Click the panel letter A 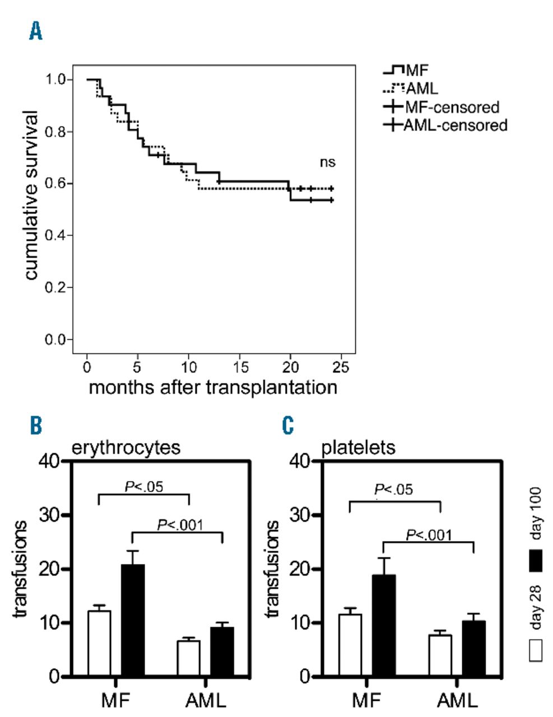35,32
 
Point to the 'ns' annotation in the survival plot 327,162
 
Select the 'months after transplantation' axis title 213,388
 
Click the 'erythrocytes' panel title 126,448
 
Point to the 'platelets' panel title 359,448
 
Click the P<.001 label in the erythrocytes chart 180,525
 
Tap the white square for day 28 536,651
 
